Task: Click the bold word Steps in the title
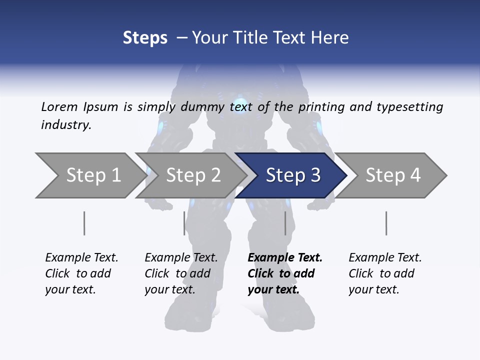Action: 145,38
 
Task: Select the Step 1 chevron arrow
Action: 90,175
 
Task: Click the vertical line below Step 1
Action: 84,223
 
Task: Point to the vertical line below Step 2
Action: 184,223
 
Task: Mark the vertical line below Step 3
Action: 285,223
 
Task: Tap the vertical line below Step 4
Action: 386,223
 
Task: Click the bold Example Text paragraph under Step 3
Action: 284,273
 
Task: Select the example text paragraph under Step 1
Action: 81,273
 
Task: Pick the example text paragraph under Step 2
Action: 181,273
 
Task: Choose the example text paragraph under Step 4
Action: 385,273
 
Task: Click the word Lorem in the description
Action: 59,107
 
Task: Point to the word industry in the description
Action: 66,125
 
